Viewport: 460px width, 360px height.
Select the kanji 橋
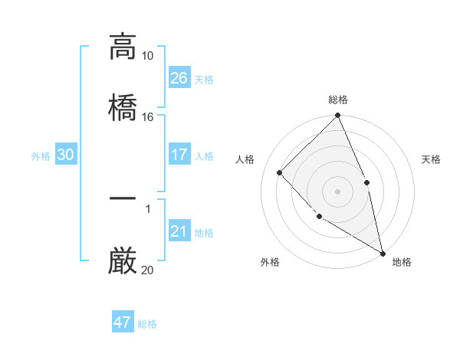pyautogui.click(x=122, y=107)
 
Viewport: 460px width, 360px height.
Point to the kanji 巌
pyautogui.click(x=122, y=260)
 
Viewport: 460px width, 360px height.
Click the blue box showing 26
pyautogui.click(x=179, y=77)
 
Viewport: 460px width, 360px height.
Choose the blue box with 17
pyautogui.click(x=179, y=155)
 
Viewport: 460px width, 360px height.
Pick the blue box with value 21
pyautogui.click(x=179, y=231)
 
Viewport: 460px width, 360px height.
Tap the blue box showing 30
pyautogui.click(x=65, y=155)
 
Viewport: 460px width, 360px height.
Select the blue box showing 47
pyautogui.click(x=122, y=322)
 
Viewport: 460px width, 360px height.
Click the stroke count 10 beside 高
pyautogui.click(x=148, y=56)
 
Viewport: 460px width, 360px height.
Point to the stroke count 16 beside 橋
pyautogui.click(x=148, y=117)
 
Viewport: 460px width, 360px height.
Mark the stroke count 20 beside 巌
pyautogui.click(x=148, y=270)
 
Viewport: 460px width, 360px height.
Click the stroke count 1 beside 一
pyautogui.click(x=148, y=208)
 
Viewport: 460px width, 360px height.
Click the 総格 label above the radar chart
pyautogui.click(x=338, y=100)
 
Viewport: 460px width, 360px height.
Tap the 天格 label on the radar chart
pyautogui.click(x=431, y=159)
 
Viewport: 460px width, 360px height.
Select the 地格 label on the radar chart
pyautogui.click(x=402, y=262)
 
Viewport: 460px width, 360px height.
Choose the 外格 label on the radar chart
pyautogui.click(x=270, y=262)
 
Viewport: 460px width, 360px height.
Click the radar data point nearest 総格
pyautogui.click(x=338, y=116)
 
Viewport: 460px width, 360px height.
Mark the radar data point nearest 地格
pyautogui.click(x=383, y=253)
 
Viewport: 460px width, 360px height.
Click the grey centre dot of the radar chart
pyautogui.click(x=338, y=191)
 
